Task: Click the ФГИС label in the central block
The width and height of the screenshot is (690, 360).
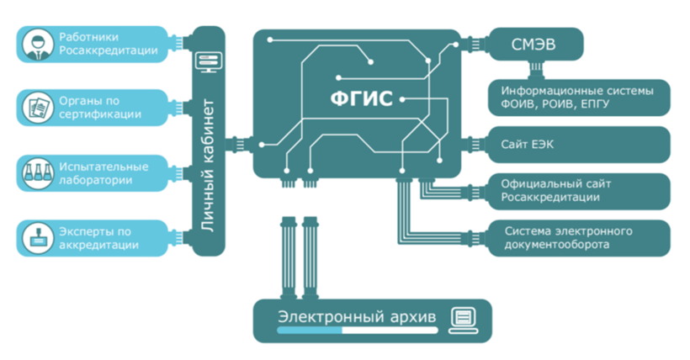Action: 359,98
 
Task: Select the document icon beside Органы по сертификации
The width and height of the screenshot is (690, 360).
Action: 34,107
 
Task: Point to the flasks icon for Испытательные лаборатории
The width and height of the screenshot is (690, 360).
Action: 34,172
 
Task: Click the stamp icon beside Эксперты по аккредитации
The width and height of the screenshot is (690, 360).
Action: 34,236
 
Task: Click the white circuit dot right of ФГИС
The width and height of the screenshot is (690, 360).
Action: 402,99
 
